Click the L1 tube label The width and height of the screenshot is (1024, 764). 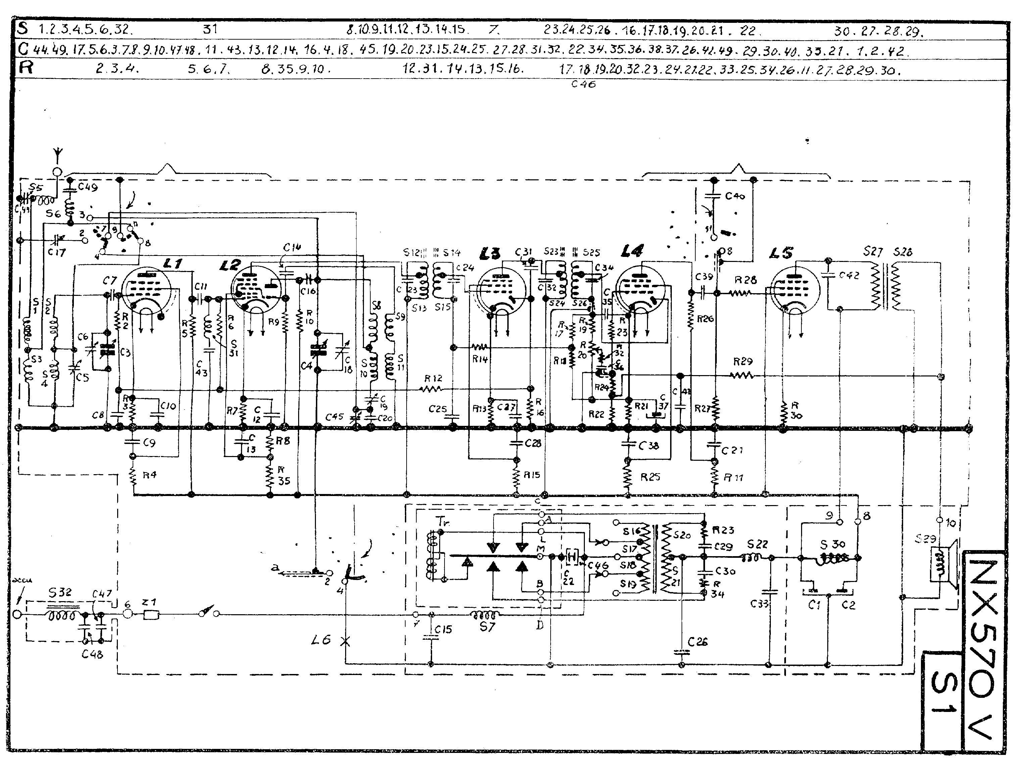(173, 264)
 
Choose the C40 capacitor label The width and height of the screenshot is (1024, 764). (735, 196)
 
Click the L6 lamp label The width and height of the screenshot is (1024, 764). (321, 640)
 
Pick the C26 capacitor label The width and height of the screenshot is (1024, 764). (697, 641)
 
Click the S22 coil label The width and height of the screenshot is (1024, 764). (757, 544)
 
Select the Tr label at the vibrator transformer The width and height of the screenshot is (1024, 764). (443, 522)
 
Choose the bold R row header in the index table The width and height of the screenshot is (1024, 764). (26, 68)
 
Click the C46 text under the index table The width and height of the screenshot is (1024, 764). (584, 84)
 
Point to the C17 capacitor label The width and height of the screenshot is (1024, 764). (56, 253)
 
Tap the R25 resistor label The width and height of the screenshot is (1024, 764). (650, 477)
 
